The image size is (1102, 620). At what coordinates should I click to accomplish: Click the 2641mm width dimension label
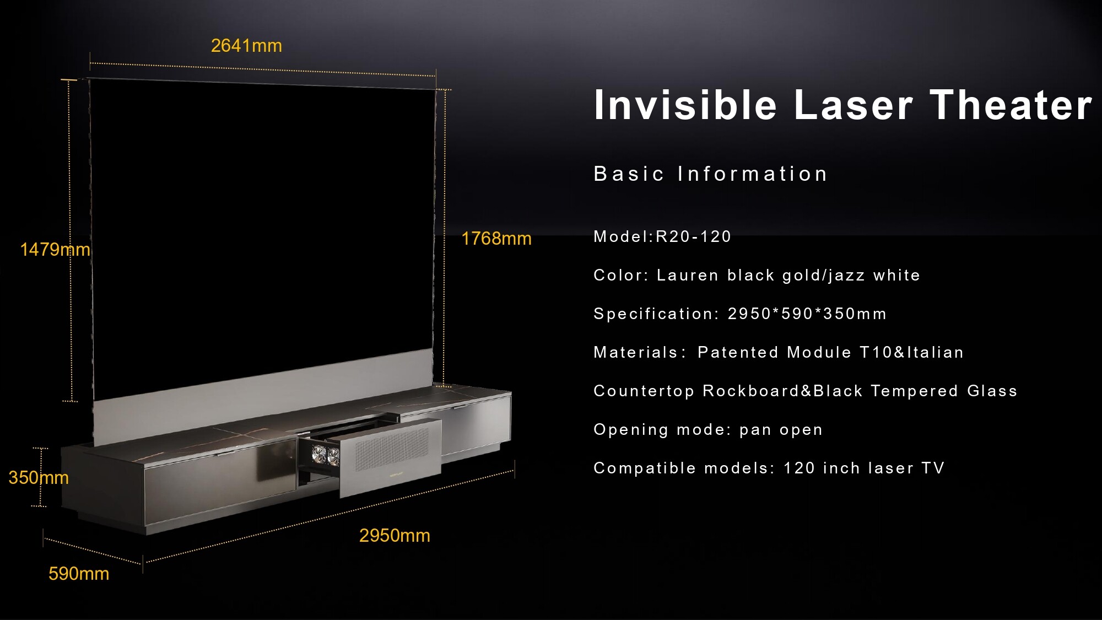coord(246,46)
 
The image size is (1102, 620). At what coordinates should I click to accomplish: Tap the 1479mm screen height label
coord(55,250)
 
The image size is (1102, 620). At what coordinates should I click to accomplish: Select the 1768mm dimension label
coord(496,239)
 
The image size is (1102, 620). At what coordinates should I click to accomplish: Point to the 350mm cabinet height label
coord(39,477)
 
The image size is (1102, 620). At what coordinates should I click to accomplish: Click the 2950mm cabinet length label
coord(395,535)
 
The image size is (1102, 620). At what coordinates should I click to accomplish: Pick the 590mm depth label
coord(79,574)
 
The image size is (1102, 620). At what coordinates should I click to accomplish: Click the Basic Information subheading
coord(711,174)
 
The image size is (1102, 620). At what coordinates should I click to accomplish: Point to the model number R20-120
coord(693,236)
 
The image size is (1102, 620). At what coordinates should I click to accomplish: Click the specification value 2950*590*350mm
coord(807,314)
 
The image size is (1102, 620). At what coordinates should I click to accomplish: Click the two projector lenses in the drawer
coord(326,455)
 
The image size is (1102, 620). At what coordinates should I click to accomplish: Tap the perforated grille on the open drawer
coord(391,450)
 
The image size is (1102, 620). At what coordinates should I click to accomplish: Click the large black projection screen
coord(262,231)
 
